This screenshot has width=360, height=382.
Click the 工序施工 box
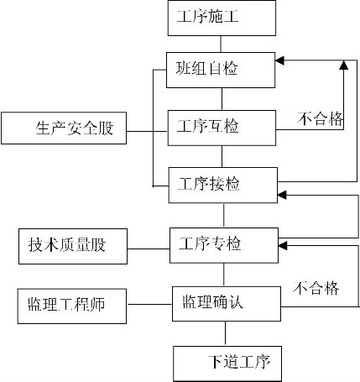pos(222,18)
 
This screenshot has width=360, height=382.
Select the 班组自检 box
pos(221,70)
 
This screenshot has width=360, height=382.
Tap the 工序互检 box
pos(222,128)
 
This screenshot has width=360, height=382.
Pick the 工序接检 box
pos(223,186)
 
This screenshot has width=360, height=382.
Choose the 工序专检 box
pos(224,245)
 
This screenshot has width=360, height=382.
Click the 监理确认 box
pos(227,304)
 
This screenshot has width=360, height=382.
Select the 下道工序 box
pos(227,364)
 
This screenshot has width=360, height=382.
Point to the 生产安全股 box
pos(64,128)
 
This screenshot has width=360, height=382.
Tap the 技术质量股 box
pos(73,246)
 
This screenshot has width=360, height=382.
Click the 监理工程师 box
pos(72,306)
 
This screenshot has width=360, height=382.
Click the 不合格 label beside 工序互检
pos(320,118)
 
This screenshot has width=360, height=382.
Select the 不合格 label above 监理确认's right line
pos(316,288)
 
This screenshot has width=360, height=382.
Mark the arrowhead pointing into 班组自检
pos(279,60)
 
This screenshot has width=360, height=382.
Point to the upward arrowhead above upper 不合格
pos(343,65)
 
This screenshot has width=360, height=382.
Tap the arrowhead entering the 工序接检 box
pos(281,195)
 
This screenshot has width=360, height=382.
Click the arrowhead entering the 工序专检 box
pos(283,246)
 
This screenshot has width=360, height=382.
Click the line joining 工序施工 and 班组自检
pos(221,44)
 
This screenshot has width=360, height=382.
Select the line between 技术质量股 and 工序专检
pos(149,249)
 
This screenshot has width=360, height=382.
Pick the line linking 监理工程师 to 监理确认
pos(149,304)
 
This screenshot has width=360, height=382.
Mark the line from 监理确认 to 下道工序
pos(225,333)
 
